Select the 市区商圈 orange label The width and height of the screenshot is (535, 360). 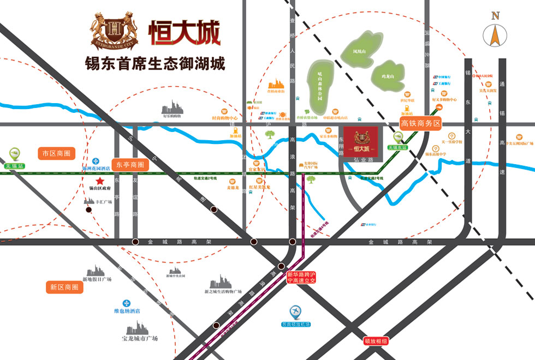(57, 154)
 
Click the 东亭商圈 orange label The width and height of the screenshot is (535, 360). (130, 164)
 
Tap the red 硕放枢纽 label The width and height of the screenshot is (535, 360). (377, 341)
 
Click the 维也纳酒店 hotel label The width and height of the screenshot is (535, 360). (127, 311)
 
